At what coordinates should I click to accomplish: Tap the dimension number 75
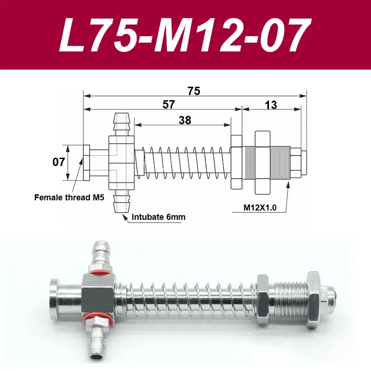[194, 91]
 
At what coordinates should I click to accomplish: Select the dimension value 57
[169, 104]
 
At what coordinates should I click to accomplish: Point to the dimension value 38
[185, 120]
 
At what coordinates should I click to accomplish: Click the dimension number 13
[271, 105]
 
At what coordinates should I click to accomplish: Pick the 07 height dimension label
[58, 162]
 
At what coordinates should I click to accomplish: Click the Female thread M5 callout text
[69, 198]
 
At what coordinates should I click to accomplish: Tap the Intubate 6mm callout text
[159, 217]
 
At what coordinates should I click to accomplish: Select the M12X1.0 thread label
[260, 207]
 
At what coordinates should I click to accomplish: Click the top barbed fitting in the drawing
[121, 124]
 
